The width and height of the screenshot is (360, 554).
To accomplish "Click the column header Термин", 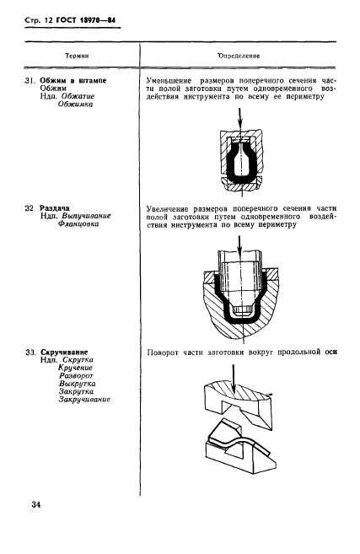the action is click(x=77, y=56).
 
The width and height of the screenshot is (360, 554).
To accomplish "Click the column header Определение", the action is click(x=239, y=56).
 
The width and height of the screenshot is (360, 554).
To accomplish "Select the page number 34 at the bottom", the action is click(x=36, y=504).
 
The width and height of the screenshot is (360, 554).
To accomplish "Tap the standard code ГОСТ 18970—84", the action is click(x=86, y=20).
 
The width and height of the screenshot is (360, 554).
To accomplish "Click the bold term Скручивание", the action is click(x=64, y=352).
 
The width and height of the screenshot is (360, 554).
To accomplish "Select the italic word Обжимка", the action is click(x=75, y=105).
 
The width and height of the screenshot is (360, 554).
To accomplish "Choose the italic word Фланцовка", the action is click(x=78, y=223).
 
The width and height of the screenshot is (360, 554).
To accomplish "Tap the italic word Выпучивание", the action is click(x=87, y=216).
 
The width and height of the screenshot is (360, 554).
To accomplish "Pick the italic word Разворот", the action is click(x=76, y=375).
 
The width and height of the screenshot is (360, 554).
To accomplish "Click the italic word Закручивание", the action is click(x=84, y=399).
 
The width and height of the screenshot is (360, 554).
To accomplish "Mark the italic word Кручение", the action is click(x=75, y=368).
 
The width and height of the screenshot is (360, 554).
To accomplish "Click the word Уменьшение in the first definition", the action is click(x=169, y=81).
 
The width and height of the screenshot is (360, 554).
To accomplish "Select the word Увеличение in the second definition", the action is click(x=168, y=208).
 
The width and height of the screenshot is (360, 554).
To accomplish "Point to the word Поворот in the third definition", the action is click(x=163, y=352).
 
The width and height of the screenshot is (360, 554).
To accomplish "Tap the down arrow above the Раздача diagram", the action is click(x=239, y=246).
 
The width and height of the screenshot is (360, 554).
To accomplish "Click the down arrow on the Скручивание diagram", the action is click(x=234, y=379).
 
